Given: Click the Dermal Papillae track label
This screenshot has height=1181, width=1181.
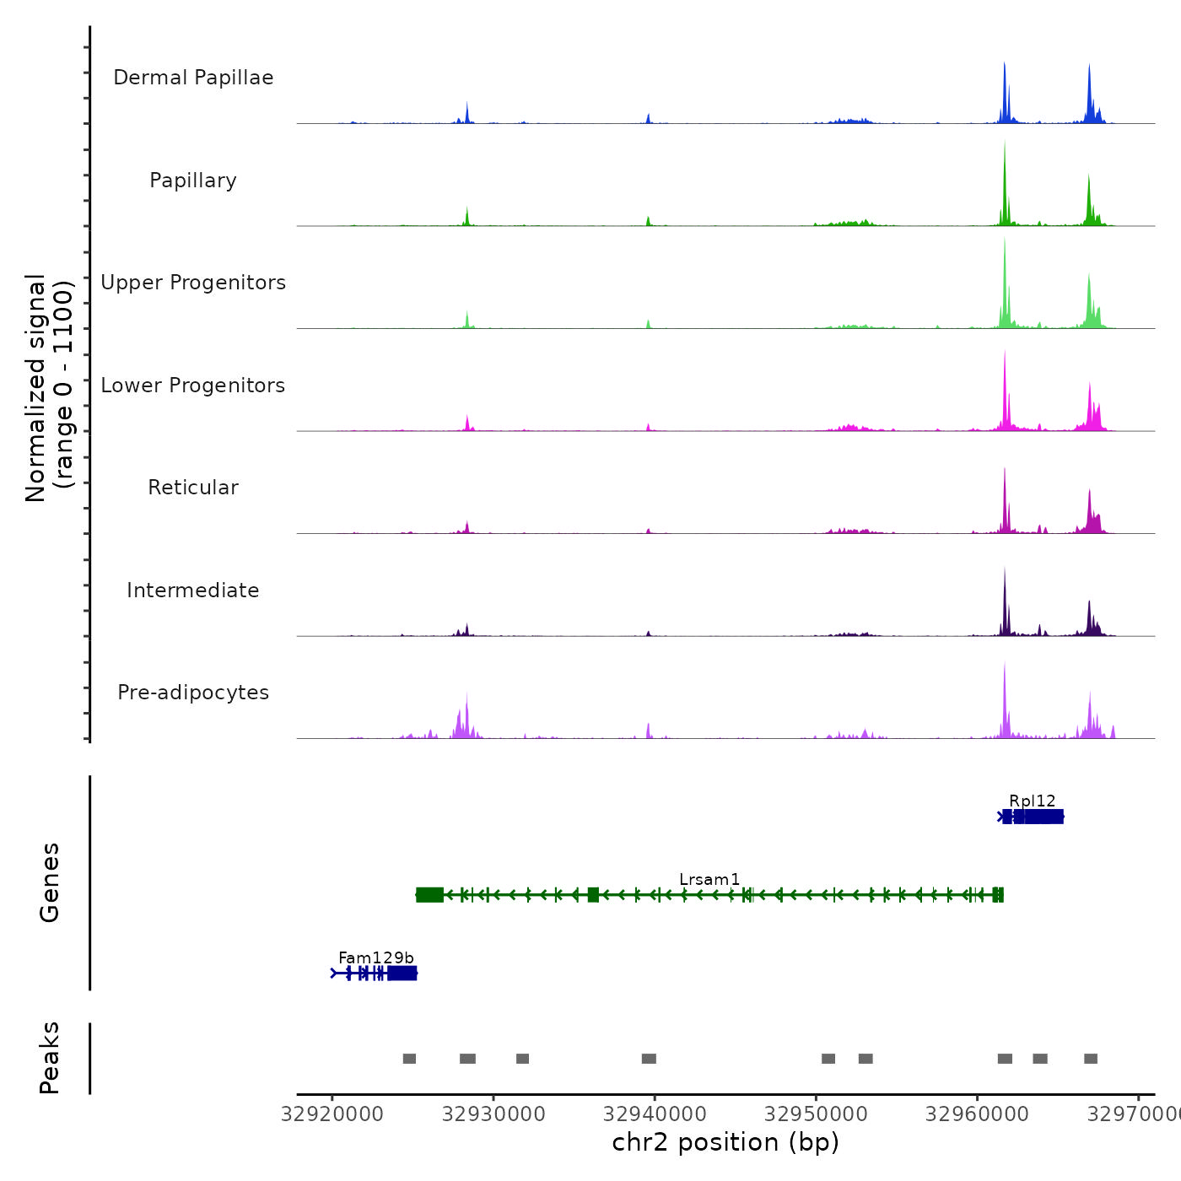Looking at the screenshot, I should click(193, 78).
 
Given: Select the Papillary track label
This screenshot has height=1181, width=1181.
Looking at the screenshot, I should click(193, 181).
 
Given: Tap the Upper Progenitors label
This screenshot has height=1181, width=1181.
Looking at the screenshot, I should click(193, 283).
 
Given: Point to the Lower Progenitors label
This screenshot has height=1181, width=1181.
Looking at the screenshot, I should click(193, 386).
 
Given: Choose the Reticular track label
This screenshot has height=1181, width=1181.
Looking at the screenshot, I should click(193, 488).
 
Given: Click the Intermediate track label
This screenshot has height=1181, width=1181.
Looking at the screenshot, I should click(193, 590).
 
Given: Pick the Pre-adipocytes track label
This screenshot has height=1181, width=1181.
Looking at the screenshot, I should click(193, 693).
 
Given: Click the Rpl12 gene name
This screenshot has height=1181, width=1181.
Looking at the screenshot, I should click(1032, 801).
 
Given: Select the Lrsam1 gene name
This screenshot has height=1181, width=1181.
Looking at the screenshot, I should click(709, 879).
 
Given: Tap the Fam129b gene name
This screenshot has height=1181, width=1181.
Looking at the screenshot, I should click(376, 957).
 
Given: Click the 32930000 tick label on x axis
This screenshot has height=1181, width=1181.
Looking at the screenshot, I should click(493, 1114).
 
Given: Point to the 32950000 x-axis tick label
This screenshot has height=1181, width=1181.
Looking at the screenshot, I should click(816, 1114).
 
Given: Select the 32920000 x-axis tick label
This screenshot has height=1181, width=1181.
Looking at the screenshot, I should click(332, 1114).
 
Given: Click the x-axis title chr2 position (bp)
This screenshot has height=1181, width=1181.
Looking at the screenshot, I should click(725, 1142).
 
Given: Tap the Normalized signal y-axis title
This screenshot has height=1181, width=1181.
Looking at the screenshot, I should click(49, 387).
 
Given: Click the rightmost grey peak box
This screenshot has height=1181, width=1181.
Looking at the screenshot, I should click(1091, 1059).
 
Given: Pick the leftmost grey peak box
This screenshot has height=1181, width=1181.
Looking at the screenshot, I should click(409, 1059).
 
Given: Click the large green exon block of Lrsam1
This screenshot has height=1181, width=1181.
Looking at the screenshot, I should click(429, 895).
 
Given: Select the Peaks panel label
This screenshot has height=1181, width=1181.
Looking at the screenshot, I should click(49, 1058).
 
